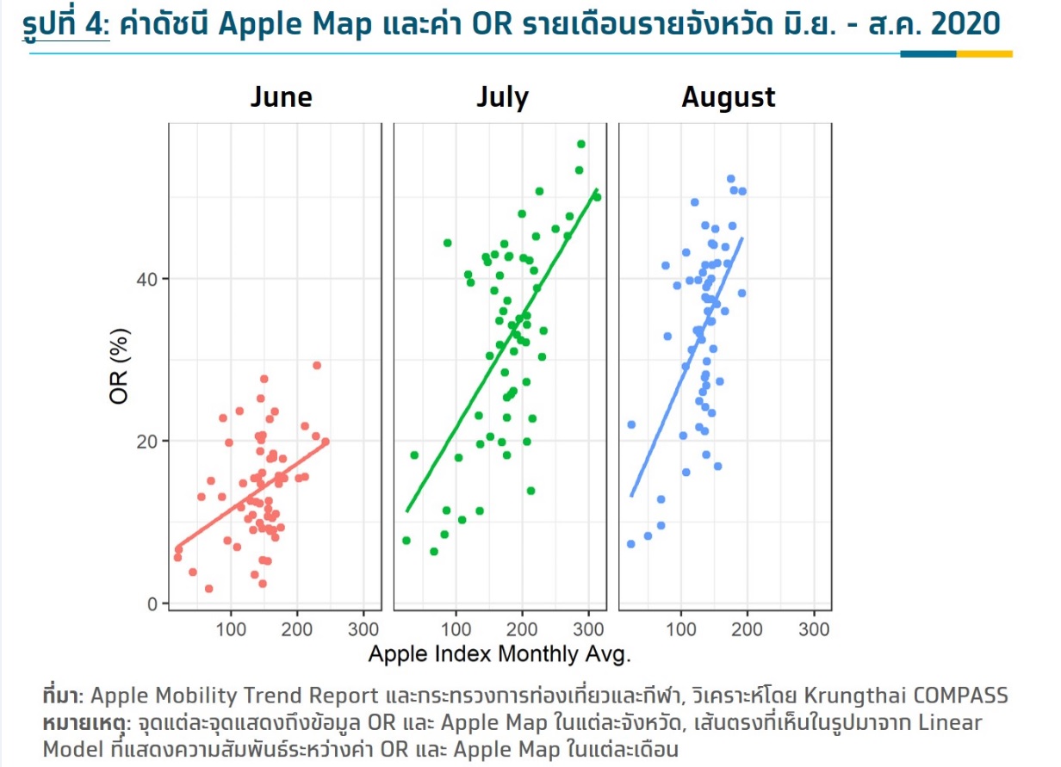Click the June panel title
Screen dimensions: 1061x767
coord(282,97)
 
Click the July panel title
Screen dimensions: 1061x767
coord(503,98)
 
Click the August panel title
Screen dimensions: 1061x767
coord(729,98)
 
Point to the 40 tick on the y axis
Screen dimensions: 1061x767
coord(146,279)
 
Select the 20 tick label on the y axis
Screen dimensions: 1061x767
coord(146,442)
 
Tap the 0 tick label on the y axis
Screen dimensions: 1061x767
coord(152,604)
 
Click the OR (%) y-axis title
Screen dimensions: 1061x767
coord(119,366)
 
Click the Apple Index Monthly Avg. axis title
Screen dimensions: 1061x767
coord(499,654)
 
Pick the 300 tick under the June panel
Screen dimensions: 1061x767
coord(363,630)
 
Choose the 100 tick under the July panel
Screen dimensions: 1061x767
coord(456,630)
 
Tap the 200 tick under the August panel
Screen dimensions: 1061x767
coord(747,630)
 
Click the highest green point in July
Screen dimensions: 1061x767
coord(581,144)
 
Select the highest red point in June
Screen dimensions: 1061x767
coord(317,366)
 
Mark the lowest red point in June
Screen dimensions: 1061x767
coord(209,589)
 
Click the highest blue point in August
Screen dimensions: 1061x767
coord(731,179)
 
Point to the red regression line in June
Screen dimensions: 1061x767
coord(252,494)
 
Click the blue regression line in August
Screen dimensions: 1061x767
coord(686,367)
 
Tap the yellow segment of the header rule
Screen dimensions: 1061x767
coord(984,54)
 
